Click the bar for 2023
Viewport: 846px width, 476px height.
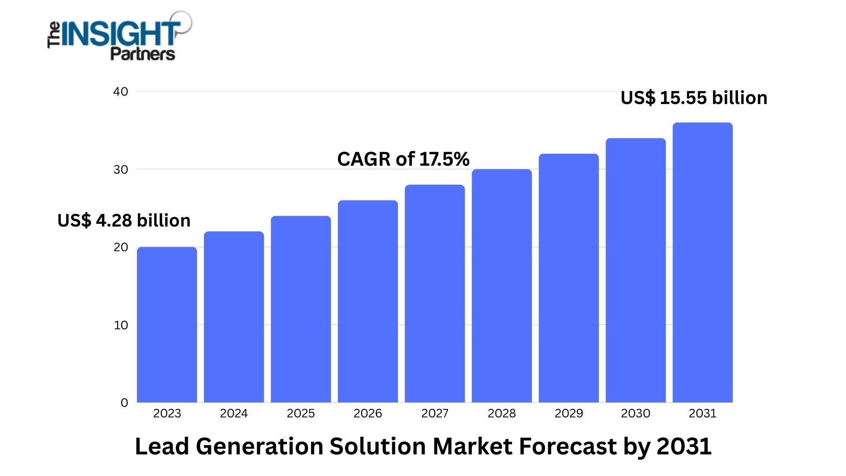coord(167,325)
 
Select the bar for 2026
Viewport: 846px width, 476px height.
coord(368,301)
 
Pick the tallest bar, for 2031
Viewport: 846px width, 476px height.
coord(703,263)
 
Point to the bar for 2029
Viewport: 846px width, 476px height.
coord(569,278)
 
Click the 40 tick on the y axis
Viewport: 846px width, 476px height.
coord(121,92)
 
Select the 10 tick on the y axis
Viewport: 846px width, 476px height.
coord(121,325)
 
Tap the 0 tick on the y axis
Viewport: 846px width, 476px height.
coord(124,403)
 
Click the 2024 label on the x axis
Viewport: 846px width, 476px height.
coord(234,413)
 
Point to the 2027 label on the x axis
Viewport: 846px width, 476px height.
coord(435,413)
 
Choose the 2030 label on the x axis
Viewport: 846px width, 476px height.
coord(635,413)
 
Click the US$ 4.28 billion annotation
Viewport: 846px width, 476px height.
coord(124,220)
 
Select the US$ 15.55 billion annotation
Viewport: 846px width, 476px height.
coord(694,98)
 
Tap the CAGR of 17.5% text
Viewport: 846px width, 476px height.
coord(403,159)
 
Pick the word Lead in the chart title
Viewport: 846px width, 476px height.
coord(162,446)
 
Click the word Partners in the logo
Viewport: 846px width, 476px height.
coord(142,54)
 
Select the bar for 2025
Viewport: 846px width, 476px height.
coord(301,309)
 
